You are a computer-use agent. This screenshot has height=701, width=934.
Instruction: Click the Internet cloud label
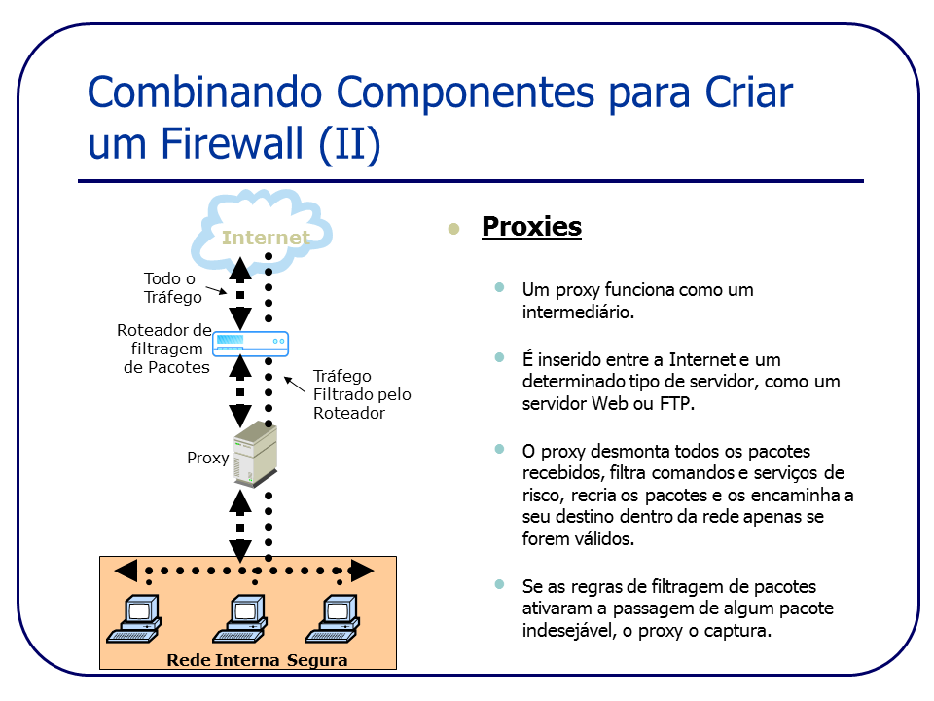point(265,238)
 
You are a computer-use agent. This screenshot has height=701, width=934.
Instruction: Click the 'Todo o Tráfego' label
point(172,288)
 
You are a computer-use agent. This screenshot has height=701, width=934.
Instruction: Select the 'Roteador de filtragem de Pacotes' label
point(162,349)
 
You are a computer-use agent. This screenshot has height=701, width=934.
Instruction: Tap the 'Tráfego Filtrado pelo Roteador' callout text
point(361,394)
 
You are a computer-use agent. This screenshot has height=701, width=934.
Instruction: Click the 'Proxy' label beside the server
point(207,458)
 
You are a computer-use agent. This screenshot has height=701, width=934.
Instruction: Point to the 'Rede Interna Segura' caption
point(257,660)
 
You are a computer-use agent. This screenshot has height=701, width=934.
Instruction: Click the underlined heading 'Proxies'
point(531,227)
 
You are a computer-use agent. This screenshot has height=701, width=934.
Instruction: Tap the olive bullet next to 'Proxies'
point(453,229)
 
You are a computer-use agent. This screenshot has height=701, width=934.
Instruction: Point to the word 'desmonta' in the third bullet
point(636,452)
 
